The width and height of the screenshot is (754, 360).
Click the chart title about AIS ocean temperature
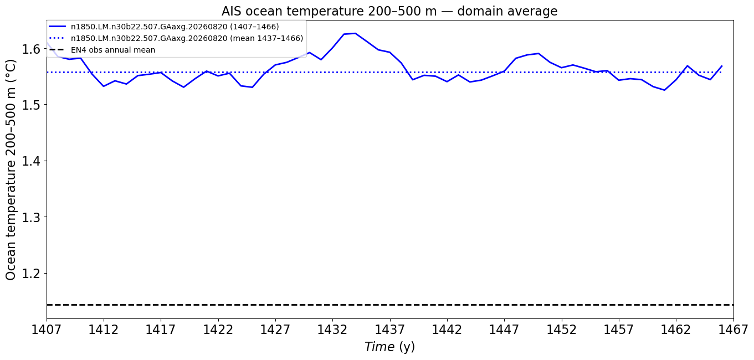(x=389, y=12)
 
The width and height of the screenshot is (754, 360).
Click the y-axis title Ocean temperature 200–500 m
(x=11, y=170)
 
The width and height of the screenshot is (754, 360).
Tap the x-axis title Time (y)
(x=390, y=347)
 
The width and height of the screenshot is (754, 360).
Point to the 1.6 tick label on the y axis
(x=31, y=49)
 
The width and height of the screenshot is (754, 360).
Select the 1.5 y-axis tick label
(x=31, y=105)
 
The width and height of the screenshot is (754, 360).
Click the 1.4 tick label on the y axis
(x=31, y=161)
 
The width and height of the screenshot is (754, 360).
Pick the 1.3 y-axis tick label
(x=31, y=217)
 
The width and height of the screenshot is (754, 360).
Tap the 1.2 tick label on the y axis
(x=31, y=274)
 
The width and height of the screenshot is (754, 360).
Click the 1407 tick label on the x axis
(x=47, y=330)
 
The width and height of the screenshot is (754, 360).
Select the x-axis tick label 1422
(x=218, y=330)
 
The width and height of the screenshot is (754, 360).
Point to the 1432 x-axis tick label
(x=332, y=330)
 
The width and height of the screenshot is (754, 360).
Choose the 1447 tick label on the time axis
(x=504, y=330)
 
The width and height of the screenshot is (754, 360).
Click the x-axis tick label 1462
(x=676, y=330)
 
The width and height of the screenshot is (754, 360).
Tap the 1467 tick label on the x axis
(x=733, y=330)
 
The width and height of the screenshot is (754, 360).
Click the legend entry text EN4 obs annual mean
(x=113, y=50)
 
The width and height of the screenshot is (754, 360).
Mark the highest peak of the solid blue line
(x=356, y=33)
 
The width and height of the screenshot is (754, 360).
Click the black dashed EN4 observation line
(x=390, y=305)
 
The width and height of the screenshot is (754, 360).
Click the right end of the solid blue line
(x=722, y=65)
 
